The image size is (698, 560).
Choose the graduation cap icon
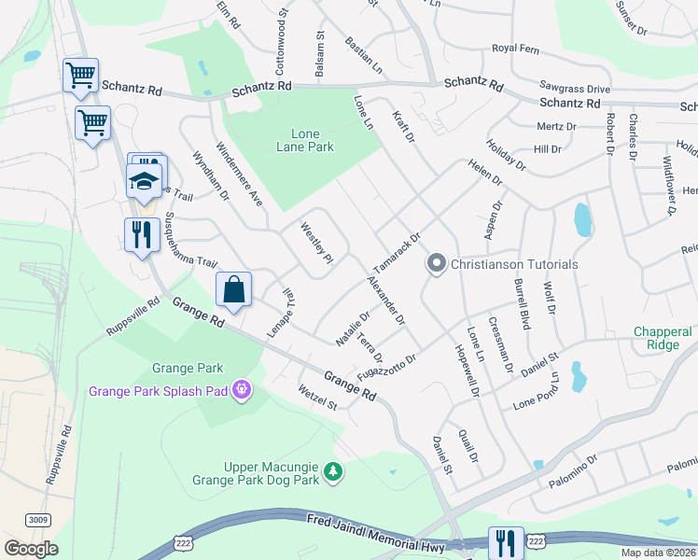pyautogui.click(x=144, y=180)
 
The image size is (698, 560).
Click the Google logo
pyautogui.click(x=31, y=549)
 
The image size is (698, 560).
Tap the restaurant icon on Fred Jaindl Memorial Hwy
pyautogui.click(x=506, y=542)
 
